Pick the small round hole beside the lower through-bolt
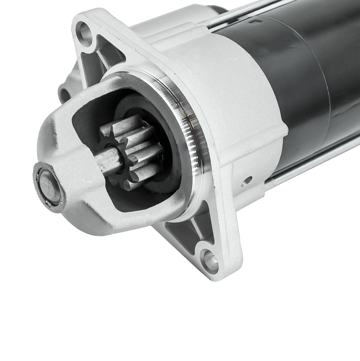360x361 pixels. coord(247,182)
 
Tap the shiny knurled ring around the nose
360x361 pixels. coord(189,135)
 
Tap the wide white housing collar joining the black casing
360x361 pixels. coord(243,90)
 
